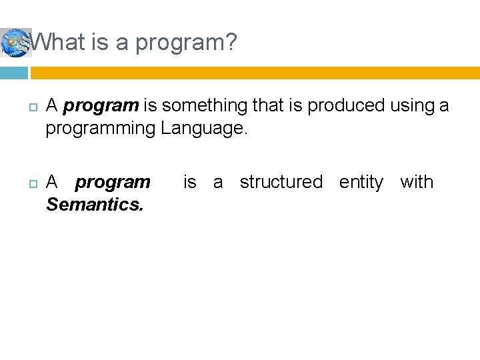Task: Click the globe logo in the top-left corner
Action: (x=15, y=43)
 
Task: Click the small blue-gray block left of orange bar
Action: (x=14, y=73)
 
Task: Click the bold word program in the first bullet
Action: (x=101, y=105)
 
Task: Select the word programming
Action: (x=101, y=128)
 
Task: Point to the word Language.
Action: (x=204, y=128)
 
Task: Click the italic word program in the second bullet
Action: (x=113, y=182)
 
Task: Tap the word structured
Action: (x=281, y=182)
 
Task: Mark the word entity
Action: (x=361, y=182)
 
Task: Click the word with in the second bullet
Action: (x=417, y=182)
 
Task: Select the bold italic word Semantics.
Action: (x=95, y=205)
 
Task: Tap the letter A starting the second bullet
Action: (x=53, y=182)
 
